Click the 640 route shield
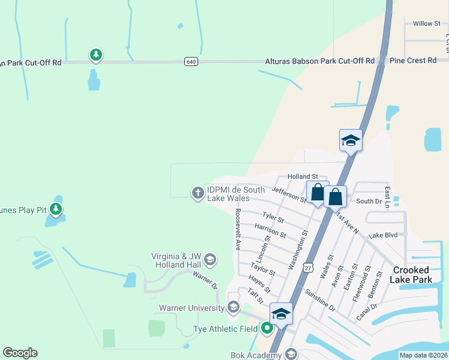(x=191, y=61)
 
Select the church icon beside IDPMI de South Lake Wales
(x=197, y=193)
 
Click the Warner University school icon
(x=234, y=308)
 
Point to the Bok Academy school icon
(x=291, y=355)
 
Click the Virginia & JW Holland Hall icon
(x=209, y=260)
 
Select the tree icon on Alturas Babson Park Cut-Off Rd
(x=95, y=56)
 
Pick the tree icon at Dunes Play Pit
(x=56, y=209)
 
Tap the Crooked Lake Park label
(x=412, y=275)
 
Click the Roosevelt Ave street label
(x=238, y=229)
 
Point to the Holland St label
(x=303, y=176)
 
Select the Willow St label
(x=427, y=23)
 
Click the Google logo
(x=20, y=353)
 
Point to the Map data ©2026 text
(x=423, y=355)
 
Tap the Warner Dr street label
(x=204, y=279)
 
